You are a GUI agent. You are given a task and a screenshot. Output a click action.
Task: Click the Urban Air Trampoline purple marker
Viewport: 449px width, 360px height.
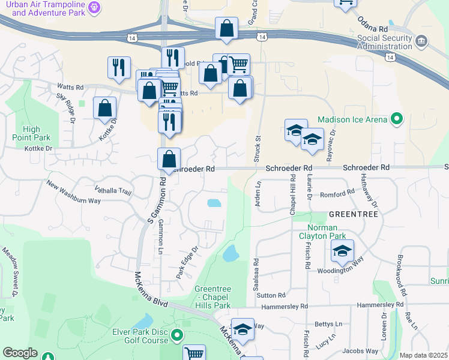tap(95, 7)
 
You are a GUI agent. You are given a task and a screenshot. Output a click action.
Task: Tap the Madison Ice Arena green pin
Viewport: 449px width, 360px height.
tap(396, 119)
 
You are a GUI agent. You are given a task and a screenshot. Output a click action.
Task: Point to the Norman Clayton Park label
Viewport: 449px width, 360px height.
tap(331, 232)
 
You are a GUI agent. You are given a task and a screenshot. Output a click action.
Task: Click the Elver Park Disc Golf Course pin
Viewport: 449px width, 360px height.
tap(176, 334)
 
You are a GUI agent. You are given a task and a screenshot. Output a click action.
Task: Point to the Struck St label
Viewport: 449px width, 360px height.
tap(259, 146)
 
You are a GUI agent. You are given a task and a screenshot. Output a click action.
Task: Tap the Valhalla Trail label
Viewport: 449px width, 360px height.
tap(112, 191)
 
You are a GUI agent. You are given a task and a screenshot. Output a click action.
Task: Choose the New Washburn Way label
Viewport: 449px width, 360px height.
tap(73, 193)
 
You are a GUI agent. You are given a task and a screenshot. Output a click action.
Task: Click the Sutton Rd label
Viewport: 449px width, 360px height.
tap(271, 295)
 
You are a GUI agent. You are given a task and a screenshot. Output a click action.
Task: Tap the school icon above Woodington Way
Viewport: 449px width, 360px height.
tap(342, 251)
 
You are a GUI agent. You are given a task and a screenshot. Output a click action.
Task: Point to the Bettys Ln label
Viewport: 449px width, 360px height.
tap(328, 324)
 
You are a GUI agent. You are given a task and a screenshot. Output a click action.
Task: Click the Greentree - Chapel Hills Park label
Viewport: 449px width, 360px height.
tap(212, 297)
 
